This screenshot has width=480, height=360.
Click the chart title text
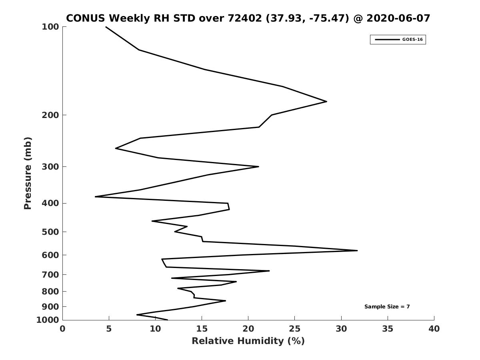[248, 18]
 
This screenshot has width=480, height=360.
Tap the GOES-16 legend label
[412, 40]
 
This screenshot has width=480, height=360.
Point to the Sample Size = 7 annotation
[387, 306]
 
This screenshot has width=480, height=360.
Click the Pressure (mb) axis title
[28, 173]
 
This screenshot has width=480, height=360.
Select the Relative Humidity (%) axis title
[248, 341]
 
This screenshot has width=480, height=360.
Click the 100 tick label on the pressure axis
[50, 27]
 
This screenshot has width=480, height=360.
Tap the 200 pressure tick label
[50, 115]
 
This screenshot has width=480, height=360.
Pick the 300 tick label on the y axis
[50, 166]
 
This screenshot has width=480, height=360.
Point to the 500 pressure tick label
[50, 232]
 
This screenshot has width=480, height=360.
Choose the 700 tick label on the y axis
[50, 274]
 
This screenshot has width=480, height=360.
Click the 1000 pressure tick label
[48, 320]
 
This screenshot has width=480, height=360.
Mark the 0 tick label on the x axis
[62, 329]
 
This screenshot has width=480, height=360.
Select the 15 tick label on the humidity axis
[202, 329]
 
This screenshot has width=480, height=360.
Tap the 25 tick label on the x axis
[294, 329]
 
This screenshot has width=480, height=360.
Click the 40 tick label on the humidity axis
[434, 329]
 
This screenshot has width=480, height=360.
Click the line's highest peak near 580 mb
[357, 250]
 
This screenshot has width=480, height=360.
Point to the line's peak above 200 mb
[327, 102]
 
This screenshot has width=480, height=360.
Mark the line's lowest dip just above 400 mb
[95, 197]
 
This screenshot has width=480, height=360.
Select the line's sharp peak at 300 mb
[259, 166]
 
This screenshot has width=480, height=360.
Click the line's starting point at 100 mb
[106, 27]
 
